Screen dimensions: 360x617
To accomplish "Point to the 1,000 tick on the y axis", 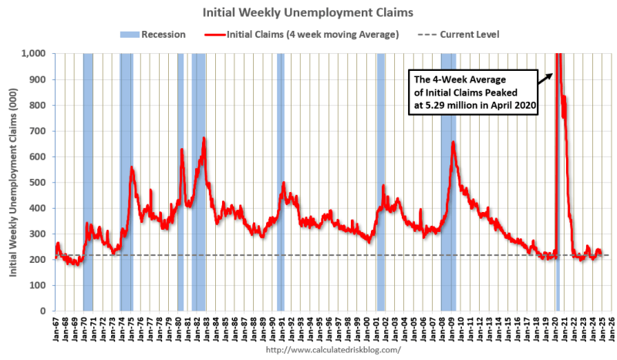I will (x=35, y=53).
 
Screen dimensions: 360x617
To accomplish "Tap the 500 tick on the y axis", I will (x=39, y=182).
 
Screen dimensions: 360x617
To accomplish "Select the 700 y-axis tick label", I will (x=39, y=131).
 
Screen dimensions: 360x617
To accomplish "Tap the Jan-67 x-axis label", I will (x=55, y=328).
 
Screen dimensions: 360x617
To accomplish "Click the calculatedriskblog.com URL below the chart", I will (x=333, y=350).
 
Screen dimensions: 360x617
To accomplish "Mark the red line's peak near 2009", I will (x=453, y=143).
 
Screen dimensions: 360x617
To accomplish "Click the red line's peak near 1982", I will (x=204, y=138).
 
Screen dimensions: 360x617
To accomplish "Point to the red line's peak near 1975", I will (x=132, y=167).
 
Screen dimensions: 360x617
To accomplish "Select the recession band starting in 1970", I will (x=88, y=182).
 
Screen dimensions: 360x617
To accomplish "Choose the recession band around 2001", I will (x=381, y=182).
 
